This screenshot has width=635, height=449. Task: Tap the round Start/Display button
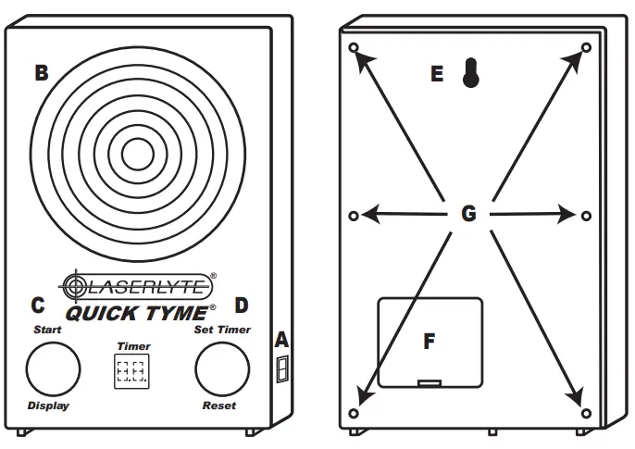pos(52,369)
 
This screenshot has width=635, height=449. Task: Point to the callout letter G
pos(468,215)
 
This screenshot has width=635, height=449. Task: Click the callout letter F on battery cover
pos(429,342)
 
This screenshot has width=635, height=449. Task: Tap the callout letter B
pos(41,73)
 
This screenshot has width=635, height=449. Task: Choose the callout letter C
pos(37,305)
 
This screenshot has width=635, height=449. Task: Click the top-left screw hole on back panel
pos(354,47)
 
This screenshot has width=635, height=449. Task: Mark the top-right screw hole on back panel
pos(585,47)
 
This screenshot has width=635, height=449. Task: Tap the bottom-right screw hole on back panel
pos(585,410)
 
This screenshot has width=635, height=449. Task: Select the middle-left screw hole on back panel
pos(354,216)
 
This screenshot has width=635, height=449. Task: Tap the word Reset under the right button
pos(219,405)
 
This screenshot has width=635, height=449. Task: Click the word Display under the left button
pos(48,405)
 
